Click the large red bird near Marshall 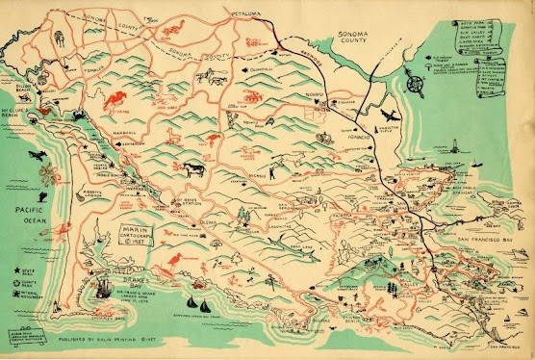116,98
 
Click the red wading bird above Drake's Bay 175,260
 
